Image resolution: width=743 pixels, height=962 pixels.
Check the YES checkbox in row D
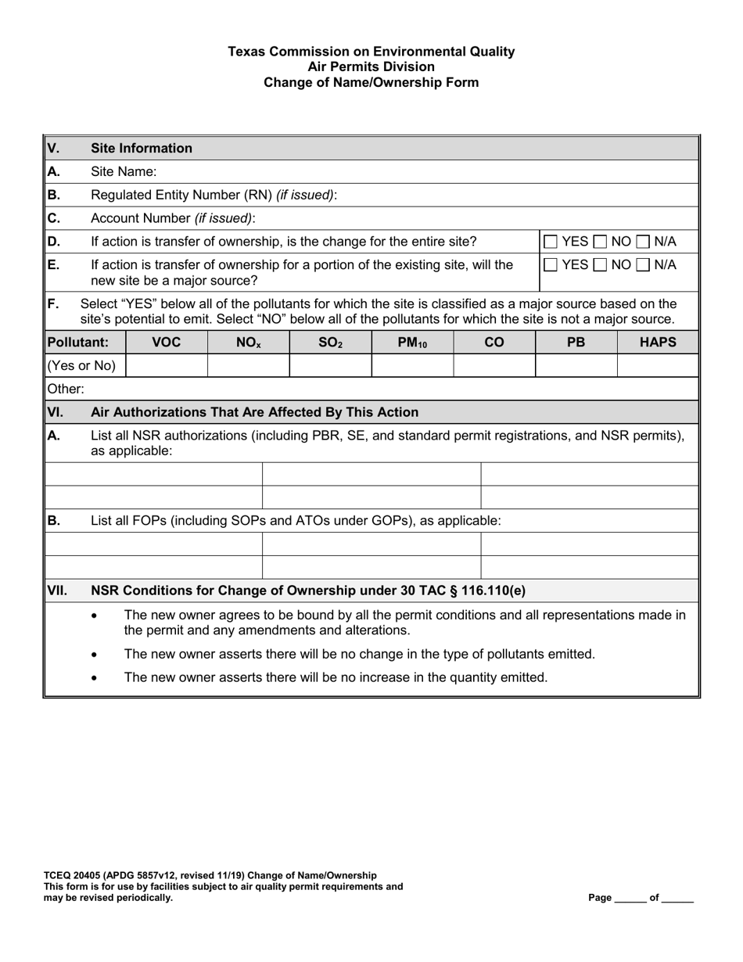coord(551,242)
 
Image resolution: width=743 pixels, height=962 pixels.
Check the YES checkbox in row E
coord(551,265)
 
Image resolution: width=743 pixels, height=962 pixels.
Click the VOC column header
coord(166,342)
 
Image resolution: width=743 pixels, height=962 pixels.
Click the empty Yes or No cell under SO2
coord(330,365)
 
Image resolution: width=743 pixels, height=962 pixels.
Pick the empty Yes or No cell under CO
coord(494,365)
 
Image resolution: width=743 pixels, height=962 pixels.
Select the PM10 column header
coord(412,342)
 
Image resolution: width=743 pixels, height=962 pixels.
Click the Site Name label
coord(124,171)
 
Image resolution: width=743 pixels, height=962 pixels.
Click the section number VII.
coord(58,590)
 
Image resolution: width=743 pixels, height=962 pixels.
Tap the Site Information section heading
coord(142,148)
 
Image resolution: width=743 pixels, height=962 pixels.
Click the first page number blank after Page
coord(630,898)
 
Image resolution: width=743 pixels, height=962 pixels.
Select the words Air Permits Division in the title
coord(371,67)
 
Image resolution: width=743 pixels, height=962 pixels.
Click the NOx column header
coord(248,342)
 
